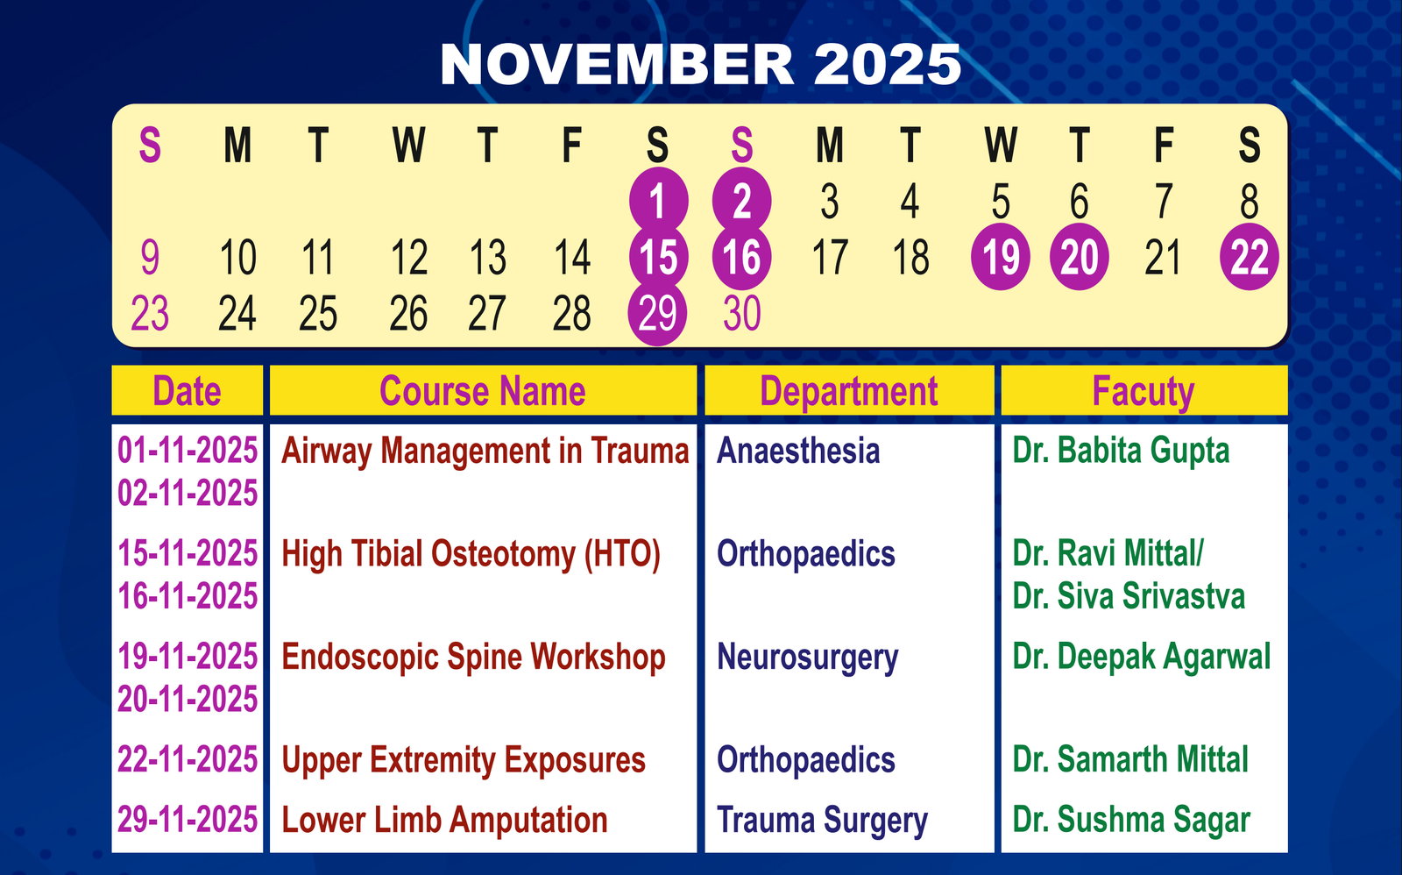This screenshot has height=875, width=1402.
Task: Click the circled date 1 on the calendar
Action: [x=658, y=201]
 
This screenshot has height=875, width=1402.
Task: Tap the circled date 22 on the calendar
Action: [x=1250, y=257]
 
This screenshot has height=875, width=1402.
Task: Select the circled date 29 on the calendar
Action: [x=657, y=312]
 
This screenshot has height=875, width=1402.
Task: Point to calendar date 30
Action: [x=741, y=313]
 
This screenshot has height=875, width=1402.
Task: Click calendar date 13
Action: [x=487, y=257]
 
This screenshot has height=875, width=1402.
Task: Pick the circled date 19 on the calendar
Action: [x=1000, y=257]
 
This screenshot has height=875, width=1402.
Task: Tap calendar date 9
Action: [x=150, y=257]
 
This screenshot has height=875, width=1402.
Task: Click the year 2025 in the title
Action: [x=887, y=65]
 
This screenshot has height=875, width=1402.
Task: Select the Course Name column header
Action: [x=483, y=391]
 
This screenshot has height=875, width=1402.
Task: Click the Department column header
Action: [x=849, y=392]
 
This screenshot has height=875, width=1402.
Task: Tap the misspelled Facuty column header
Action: [x=1143, y=392]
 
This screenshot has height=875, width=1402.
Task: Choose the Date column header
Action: [x=187, y=391]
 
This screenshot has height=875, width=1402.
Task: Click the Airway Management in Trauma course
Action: [x=485, y=452]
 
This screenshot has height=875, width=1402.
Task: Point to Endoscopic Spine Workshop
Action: [x=473, y=658]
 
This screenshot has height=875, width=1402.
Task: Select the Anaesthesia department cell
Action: [x=798, y=451]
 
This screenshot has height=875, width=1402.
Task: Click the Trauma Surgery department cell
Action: [x=822, y=821]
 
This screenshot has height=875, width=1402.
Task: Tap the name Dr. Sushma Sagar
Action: [x=1131, y=821]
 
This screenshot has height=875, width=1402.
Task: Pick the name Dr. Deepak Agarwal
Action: [x=1142, y=658]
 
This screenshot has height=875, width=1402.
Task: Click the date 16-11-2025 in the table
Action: [x=188, y=595]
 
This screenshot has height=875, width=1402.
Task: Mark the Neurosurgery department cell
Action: [x=807, y=658]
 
